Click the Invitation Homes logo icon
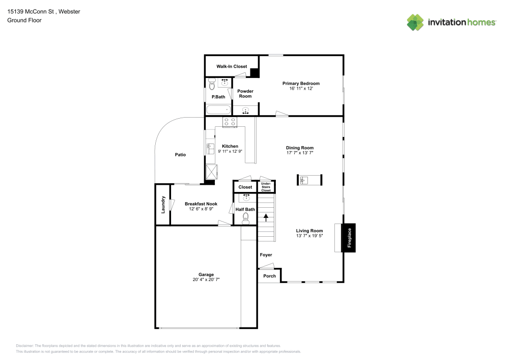415,22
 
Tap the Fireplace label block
349,238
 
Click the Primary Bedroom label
301,84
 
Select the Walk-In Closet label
232,67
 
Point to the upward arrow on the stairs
266,217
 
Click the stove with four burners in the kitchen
230,122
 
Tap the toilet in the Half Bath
245,218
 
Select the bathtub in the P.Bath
218,109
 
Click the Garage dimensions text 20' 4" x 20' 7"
206,280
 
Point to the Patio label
180,155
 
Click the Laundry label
163,204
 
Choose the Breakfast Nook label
201,204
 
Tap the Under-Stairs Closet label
266,187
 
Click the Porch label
269,276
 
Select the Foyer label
266,255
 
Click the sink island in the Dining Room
309,180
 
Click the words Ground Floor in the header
24,20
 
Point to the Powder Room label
245,94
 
